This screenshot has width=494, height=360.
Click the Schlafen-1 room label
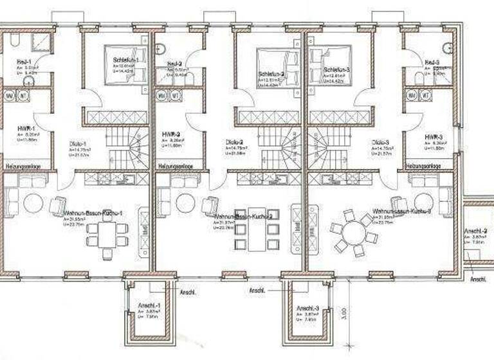[x=117, y=60]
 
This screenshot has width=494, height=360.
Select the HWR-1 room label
[x=26, y=129]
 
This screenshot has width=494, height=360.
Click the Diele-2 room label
[x=234, y=142]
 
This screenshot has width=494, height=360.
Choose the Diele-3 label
[x=380, y=142]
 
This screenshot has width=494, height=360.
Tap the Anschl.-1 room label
[x=149, y=305]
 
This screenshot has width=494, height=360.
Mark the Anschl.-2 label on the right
[x=476, y=231]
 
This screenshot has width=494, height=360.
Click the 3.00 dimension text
[x=345, y=313]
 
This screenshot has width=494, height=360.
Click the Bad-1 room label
[x=24, y=62]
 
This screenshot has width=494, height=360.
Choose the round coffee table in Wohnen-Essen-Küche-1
[x=33, y=204]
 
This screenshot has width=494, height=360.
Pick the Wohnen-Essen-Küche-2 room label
[x=238, y=217]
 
